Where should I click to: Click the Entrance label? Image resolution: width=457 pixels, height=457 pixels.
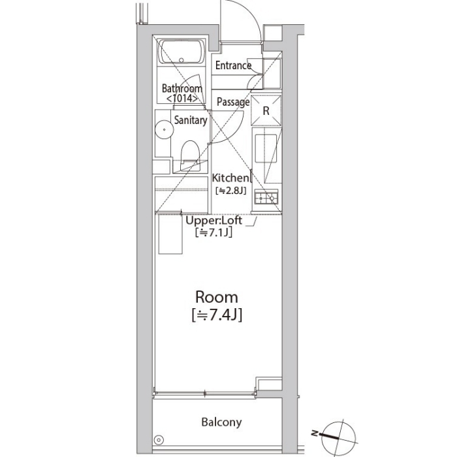pyautogui.click(x=233, y=65)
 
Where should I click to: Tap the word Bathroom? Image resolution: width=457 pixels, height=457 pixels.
pyautogui.click(x=182, y=88)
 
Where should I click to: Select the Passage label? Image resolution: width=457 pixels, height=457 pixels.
pyautogui.click(x=233, y=102)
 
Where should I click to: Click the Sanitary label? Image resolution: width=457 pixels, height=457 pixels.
pyautogui.click(x=191, y=120)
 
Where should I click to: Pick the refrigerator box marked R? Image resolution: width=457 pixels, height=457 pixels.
pyautogui.click(x=266, y=111)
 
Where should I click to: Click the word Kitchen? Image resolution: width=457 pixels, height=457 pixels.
pyautogui.click(x=230, y=178)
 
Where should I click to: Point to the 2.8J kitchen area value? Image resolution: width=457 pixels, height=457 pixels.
pyautogui.click(x=230, y=191)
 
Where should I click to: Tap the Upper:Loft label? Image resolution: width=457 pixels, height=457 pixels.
pyautogui.click(x=213, y=221)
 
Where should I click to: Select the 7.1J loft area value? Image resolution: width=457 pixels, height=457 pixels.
pyautogui.click(x=214, y=232)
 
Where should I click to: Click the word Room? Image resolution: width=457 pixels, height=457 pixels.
pyautogui.click(x=217, y=297)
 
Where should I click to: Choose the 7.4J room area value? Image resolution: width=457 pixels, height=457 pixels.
pyautogui.click(x=217, y=315)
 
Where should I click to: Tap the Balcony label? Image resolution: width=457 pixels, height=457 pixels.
pyautogui.click(x=221, y=422)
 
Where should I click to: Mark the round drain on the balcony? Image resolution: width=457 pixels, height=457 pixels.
pyautogui.click(x=159, y=440)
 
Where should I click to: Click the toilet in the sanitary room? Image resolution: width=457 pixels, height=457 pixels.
pyautogui.click(x=190, y=155)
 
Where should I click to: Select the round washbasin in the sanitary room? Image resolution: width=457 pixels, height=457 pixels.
pyautogui.click(x=165, y=129)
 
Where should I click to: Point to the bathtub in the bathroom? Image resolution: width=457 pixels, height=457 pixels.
pyautogui.click(x=181, y=52)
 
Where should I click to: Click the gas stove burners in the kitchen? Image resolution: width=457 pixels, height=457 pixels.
pyautogui.click(x=266, y=198)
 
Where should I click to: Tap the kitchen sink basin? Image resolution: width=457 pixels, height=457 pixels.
pyautogui.click(x=266, y=148)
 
